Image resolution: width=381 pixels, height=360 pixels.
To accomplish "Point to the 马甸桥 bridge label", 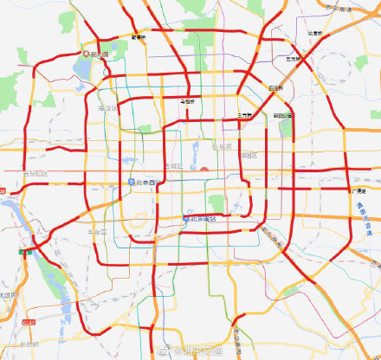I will point(186,101).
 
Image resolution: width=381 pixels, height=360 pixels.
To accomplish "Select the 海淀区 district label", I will point(108,107).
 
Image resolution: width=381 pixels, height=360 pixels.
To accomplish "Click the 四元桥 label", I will point(276,87).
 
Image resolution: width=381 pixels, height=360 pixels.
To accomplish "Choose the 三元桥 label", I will point(245,115).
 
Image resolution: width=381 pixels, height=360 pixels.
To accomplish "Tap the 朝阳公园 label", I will point(283,115).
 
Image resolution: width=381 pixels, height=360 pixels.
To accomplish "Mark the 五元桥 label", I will point(297,59).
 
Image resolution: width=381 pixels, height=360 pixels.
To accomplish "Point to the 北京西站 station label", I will point(146,182).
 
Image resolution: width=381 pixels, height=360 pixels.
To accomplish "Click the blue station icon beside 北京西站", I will point(131,182).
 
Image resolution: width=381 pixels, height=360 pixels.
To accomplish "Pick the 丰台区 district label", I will point(98,231).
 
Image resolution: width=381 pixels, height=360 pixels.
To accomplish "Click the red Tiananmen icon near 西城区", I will point(203,170).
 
